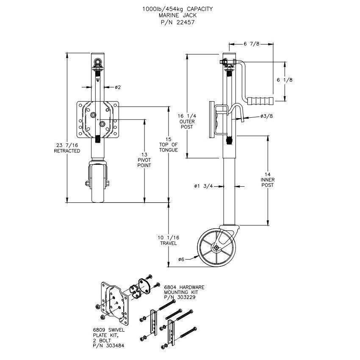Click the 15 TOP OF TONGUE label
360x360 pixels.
tap(169, 145)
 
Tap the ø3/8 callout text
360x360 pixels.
tap(267, 116)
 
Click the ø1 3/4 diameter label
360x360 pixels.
tap(202, 186)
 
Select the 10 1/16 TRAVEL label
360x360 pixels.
tap(169, 241)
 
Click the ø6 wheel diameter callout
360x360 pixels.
tap(181, 259)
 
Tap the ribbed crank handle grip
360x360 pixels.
tap(261, 101)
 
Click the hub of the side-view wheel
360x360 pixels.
tap(216, 248)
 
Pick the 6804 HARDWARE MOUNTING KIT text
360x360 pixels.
tap(183, 291)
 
